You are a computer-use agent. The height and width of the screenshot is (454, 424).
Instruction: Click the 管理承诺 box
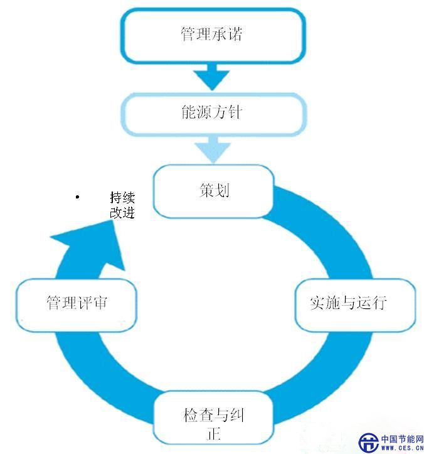(x=212, y=35)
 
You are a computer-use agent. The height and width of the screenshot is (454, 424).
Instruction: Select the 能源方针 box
(x=212, y=114)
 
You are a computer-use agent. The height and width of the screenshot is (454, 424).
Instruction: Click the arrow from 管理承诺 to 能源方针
(x=211, y=77)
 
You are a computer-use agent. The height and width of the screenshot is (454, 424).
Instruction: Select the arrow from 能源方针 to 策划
(x=211, y=151)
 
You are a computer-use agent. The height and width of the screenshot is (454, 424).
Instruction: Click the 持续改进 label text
(x=122, y=205)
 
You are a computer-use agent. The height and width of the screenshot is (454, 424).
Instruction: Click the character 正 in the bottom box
(x=213, y=433)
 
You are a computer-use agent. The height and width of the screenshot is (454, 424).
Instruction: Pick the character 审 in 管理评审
(x=99, y=303)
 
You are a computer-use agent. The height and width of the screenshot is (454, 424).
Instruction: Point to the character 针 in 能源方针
(x=233, y=114)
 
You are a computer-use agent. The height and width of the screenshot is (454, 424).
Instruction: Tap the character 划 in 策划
(x=221, y=190)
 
